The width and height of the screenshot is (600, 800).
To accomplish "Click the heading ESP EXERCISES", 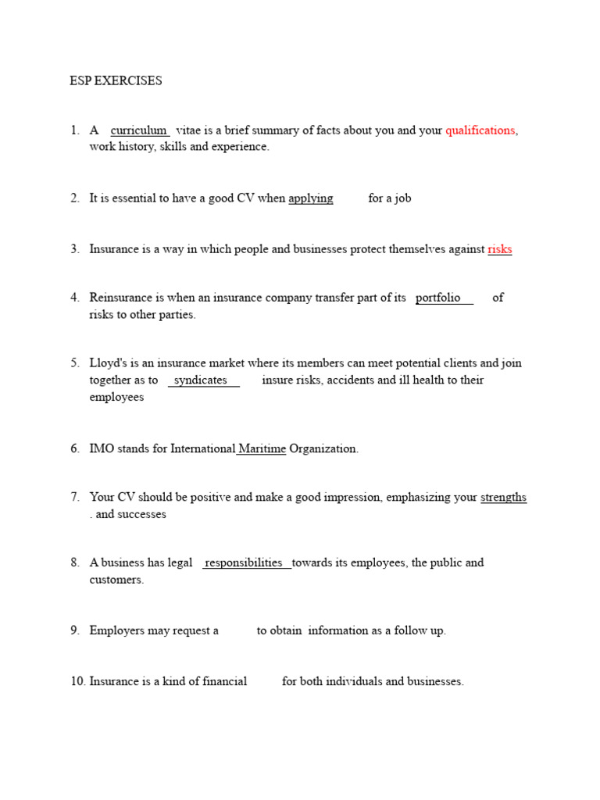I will [x=116, y=80].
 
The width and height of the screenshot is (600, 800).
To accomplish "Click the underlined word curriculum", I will [x=139, y=130].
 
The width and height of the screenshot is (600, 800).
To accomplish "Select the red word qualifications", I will [x=480, y=130].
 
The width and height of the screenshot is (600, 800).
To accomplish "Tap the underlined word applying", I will [x=311, y=198].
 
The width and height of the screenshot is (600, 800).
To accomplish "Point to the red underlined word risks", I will [x=500, y=250].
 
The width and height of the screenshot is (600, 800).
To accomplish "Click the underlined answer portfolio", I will [x=438, y=298].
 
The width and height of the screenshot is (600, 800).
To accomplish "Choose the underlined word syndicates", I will [x=201, y=380].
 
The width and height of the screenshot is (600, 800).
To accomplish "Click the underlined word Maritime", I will [x=262, y=449].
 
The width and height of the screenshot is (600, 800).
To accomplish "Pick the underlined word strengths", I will [x=503, y=498].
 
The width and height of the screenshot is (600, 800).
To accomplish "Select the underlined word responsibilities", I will [x=244, y=562].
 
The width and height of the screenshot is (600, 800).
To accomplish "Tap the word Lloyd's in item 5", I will [x=108, y=363].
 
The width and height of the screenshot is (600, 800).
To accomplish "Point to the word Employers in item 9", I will [x=117, y=630].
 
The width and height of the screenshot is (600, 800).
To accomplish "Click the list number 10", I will [x=77, y=681].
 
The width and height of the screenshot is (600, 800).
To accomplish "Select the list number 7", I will [x=74, y=498].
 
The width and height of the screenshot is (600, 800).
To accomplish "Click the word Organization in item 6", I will [x=323, y=449].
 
